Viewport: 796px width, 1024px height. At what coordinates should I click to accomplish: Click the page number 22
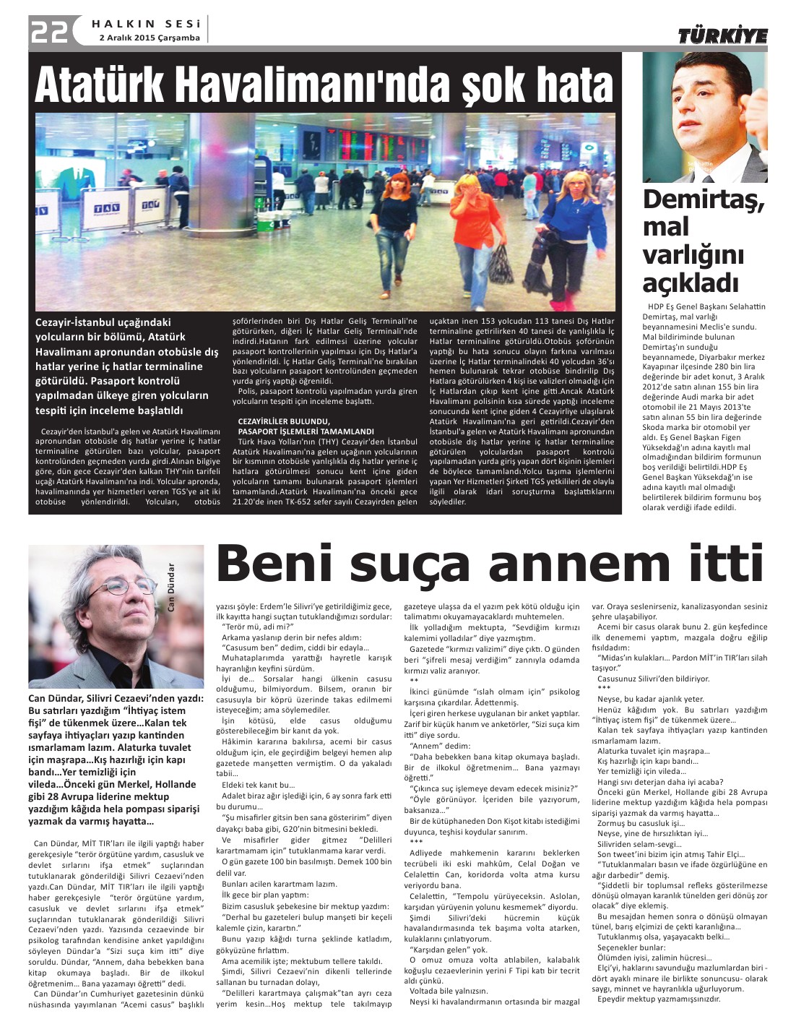(x=49, y=30)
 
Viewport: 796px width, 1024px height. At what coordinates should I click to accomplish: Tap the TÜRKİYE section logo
(x=722, y=35)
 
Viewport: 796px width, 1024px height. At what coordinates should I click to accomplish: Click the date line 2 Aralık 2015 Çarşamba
(x=149, y=38)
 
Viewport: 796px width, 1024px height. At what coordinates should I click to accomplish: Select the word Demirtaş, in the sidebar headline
(x=703, y=199)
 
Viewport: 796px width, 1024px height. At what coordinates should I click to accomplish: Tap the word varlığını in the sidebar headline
(x=683, y=254)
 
